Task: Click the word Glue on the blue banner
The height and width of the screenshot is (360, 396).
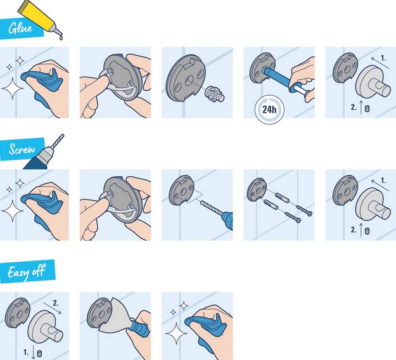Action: pyautogui.click(x=20, y=28)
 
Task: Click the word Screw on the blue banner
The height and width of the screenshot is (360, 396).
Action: pyautogui.click(x=22, y=149)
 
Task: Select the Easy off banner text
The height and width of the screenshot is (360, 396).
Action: pyautogui.click(x=27, y=272)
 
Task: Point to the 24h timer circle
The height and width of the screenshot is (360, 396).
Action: pyautogui.click(x=269, y=110)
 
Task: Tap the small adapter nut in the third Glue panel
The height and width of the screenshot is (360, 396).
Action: pyautogui.click(x=214, y=94)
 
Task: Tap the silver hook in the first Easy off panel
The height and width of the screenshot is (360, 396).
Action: pyautogui.click(x=46, y=328)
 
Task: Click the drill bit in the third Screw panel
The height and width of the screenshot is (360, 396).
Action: pyautogui.click(x=212, y=208)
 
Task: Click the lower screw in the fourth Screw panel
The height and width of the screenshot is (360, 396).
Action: pyautogui.click(x=293, y=217)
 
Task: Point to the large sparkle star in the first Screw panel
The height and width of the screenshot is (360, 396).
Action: pyautogui.click(x=13, y=210)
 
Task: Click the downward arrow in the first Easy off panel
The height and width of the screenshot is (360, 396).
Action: pyautogui.click(x=34, y=352)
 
